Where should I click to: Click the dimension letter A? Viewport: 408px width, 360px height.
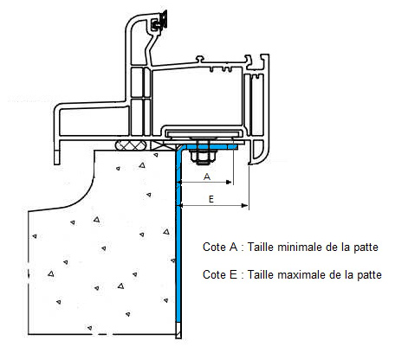[x=207, y=177]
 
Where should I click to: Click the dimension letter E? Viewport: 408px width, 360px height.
[x=211, y=199]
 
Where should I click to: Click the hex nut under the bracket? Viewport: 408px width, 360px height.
[x=203, y=157]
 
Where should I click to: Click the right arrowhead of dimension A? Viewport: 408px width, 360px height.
[x=229, y=182]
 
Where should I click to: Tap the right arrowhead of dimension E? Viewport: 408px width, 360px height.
[x=244, y=205]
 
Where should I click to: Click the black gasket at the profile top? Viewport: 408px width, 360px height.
[x=160, y=21]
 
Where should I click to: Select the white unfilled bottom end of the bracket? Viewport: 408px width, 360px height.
[x=178, y=331]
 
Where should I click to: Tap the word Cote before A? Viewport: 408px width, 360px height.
[x=214, y=247]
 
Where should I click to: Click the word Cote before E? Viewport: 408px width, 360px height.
[x=214, y=274]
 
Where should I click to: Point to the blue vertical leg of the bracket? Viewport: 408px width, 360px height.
[x=178, y=236]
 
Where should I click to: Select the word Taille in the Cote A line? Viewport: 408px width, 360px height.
[x=258, y=247]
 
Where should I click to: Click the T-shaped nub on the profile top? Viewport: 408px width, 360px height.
[x=200, y=59]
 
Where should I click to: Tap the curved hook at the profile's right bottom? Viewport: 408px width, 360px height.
[x=258, y=152]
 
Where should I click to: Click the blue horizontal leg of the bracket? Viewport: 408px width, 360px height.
[x=209, y=147]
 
